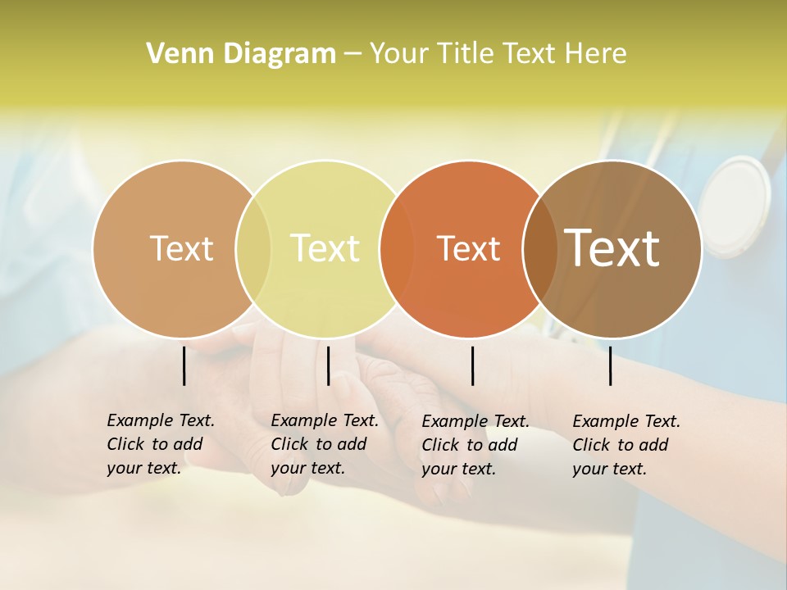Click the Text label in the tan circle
tap(181, 248)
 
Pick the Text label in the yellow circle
tap(325, 248)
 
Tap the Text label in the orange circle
tap(468, 248)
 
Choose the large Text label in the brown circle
tap(612, 248)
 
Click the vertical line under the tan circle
tap(184, 365)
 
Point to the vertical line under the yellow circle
tap(328, 365)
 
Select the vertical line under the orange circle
tap(472, 365)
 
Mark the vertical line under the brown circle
tap(611, 365)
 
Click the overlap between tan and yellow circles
tap(253, 248)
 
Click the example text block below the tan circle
tap(160, 444)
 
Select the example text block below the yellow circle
tap(324, 444)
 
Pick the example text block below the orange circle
tap(475, 444)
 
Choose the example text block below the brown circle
tap(626, 444)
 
